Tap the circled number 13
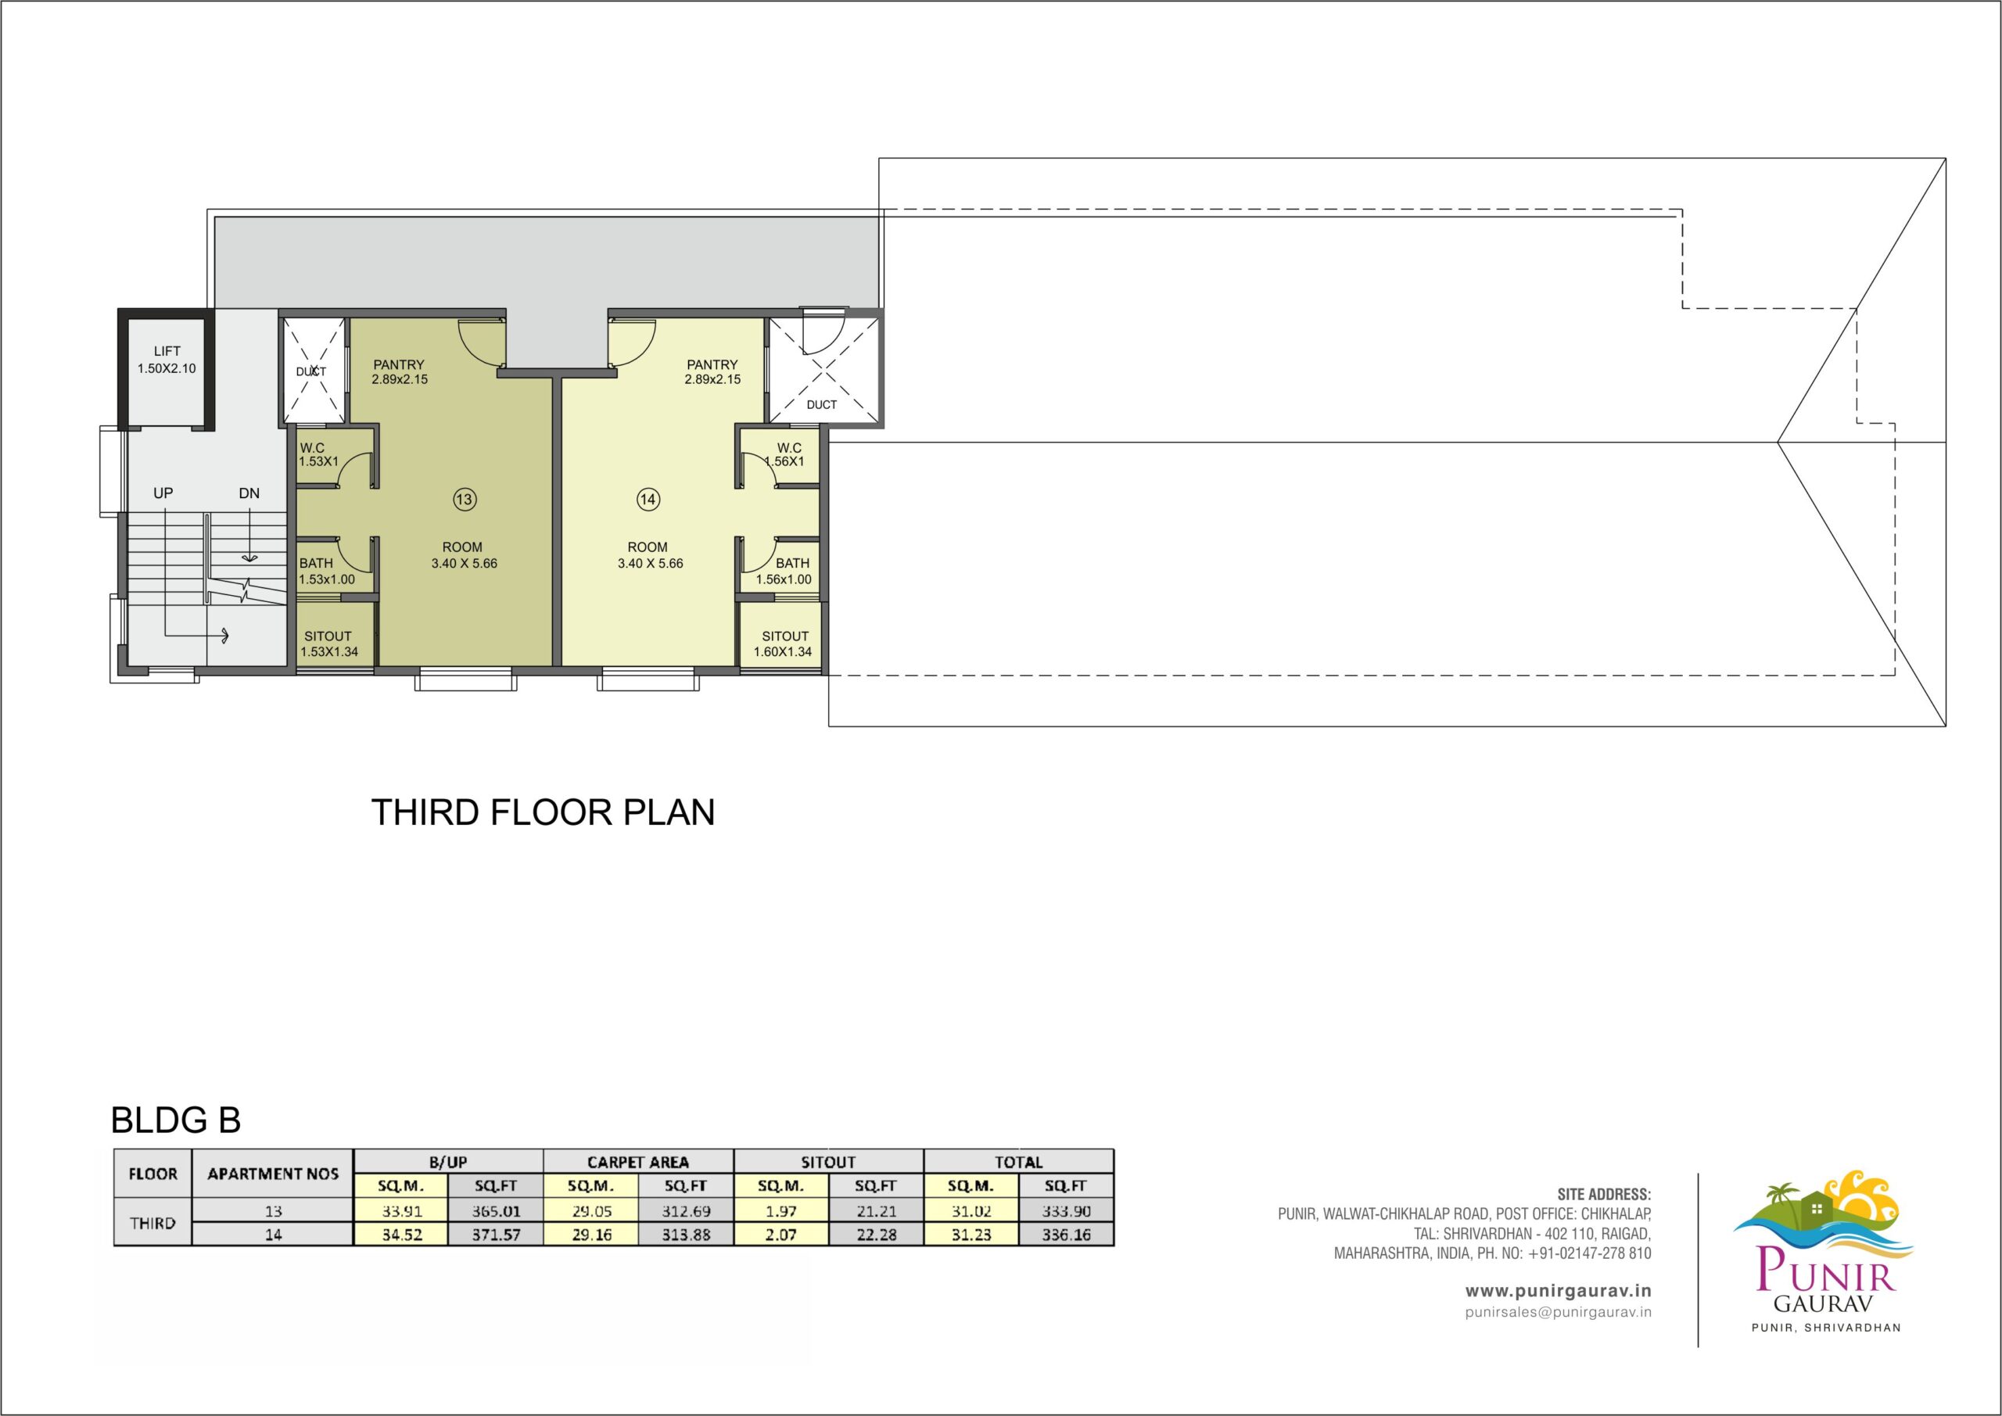point(464,500)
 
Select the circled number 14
point(648,500)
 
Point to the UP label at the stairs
point(163,493)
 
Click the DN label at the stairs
point(249,493)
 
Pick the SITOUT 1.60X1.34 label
point(783,643)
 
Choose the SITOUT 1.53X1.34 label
point(328,643)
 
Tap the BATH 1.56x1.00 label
point(784,571)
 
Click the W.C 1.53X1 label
point(318,454)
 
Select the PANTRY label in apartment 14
point(712,364)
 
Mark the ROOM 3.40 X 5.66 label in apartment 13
point(463,555)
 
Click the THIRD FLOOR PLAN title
point(544,812)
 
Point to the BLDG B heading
point(176,1120)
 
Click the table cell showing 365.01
point(495,1211)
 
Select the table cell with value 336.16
point(1066,1235)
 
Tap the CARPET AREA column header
point(638,1162)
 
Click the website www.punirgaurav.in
point(1557,1290)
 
